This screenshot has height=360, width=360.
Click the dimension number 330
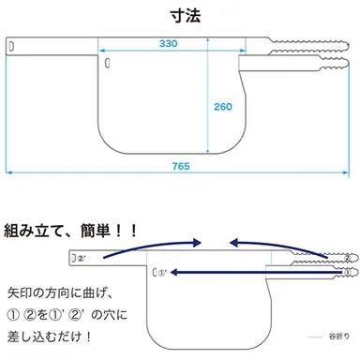tap(169, 45)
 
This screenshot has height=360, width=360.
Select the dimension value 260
tap(222, 107)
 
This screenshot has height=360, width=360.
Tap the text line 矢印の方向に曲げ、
tap(62, 292)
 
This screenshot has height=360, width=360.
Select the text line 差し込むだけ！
tap(56, 336)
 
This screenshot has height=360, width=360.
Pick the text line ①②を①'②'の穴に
tap(67, 314)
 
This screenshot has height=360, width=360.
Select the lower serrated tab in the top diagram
tap(309, 63)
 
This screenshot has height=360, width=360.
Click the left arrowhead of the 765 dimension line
tap(10, 172)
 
